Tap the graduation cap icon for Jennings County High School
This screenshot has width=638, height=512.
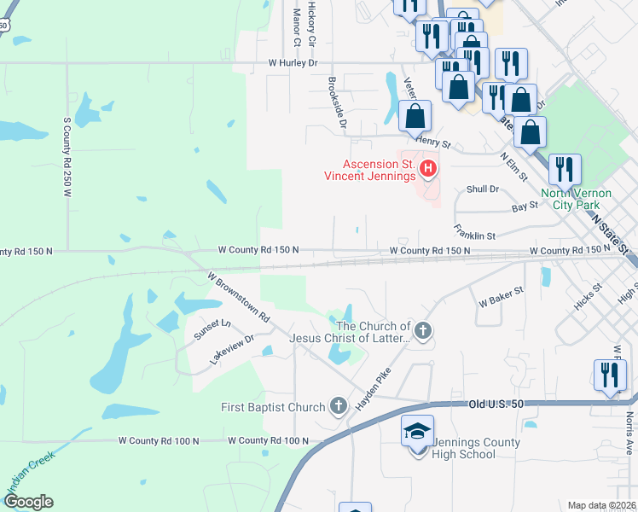click(417, 432)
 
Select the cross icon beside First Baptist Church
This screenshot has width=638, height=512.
click(339, 406)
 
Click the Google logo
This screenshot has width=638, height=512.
click(28, 502)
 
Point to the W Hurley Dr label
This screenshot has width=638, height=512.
click(292, 62)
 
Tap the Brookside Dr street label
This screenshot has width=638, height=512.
click(338, 102)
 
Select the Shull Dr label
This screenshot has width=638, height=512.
click(482, 189)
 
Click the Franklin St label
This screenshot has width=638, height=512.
click(475, 230)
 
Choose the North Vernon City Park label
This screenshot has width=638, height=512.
click(575, 199)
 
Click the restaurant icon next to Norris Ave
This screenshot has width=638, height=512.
click(609, 376)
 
